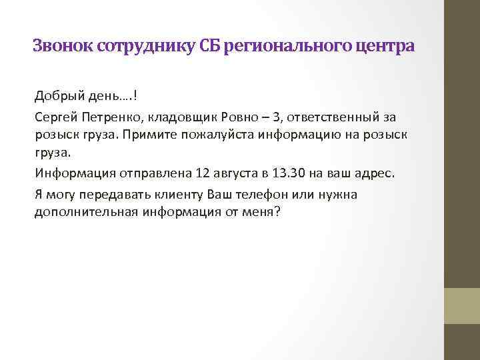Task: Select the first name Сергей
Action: tap(54, 117)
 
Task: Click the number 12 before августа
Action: tap(203, 174)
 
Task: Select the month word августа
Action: tap(237, 174)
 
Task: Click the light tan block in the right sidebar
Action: tap(462, 306)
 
